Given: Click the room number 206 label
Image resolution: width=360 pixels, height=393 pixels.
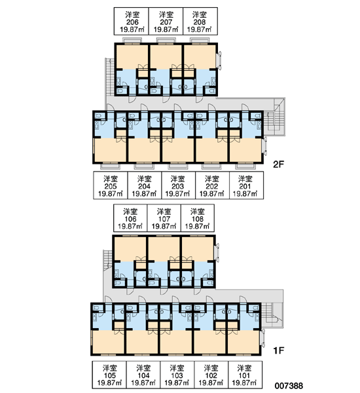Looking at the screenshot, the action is pos(132,22).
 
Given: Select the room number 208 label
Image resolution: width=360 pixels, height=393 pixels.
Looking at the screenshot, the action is pos(200,22).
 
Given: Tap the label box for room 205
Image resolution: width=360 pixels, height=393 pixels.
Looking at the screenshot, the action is pos(111,185).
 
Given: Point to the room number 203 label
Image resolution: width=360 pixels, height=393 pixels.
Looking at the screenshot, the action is pos(177,186).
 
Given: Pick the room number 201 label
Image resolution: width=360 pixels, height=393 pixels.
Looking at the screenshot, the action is pos(245,186).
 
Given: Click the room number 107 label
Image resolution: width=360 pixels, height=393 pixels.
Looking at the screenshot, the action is pos(164,219).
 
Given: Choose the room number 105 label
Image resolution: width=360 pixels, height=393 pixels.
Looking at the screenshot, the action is pos(109,375).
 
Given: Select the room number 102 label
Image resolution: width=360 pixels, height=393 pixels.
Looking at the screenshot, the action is pos(211,375).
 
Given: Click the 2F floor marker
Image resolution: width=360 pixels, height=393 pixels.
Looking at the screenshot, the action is pos(278,164).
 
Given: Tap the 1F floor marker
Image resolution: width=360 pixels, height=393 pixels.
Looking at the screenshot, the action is pos(278,350).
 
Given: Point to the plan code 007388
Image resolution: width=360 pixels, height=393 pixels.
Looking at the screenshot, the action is pos(289,386).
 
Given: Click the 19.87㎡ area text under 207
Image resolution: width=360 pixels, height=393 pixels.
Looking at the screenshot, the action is pos(166,29).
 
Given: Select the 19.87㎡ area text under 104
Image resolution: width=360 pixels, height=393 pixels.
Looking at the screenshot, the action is pos(143,383).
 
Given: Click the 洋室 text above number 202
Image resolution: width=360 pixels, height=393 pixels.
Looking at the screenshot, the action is pos(211,179).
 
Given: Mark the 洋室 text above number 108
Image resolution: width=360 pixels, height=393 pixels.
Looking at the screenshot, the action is pos(198,212).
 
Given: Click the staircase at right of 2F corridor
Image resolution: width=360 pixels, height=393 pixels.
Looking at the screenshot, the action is pos(274,117).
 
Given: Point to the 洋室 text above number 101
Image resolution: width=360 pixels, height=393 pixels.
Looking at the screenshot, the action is pos(244,368).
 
